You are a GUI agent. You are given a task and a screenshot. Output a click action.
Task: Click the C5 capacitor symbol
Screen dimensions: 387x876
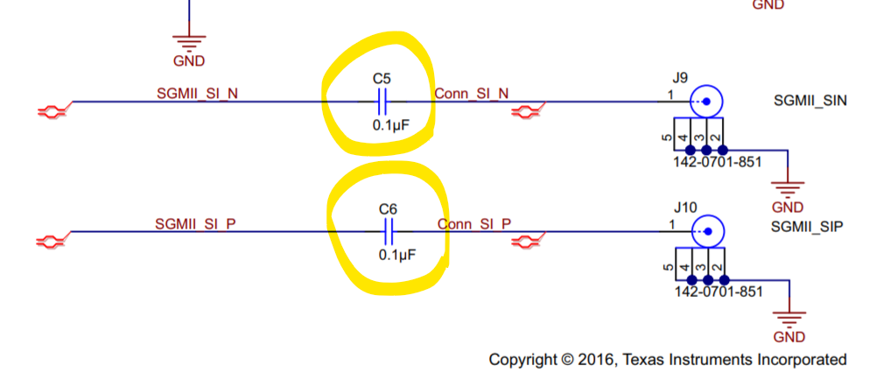pos(381,102)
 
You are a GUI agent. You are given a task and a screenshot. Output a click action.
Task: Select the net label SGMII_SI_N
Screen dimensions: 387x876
pos(197,94)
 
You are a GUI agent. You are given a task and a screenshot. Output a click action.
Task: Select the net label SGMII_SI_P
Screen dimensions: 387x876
pos(197,223)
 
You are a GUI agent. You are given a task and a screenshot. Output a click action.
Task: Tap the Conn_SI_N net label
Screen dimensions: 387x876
pos(472,94)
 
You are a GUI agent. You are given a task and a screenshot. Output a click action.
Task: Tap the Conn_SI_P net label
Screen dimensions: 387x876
pos(473,223)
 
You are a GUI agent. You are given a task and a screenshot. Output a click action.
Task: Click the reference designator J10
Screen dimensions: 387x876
pos(685,208)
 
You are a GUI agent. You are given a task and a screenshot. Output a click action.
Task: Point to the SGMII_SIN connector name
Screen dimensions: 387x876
pos(809,102)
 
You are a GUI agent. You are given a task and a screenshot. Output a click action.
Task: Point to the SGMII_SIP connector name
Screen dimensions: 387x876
pos(806,227)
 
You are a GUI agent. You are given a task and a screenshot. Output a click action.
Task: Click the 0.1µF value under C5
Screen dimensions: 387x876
pos(390,125)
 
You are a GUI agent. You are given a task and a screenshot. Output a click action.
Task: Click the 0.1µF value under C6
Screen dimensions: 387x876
pos(396,255)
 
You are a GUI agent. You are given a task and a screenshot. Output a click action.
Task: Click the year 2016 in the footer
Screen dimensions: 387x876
pos(590,360)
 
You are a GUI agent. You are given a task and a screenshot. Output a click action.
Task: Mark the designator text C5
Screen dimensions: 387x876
pos(382,79)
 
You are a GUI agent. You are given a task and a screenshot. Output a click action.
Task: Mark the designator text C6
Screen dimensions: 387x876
pos(388,209)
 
